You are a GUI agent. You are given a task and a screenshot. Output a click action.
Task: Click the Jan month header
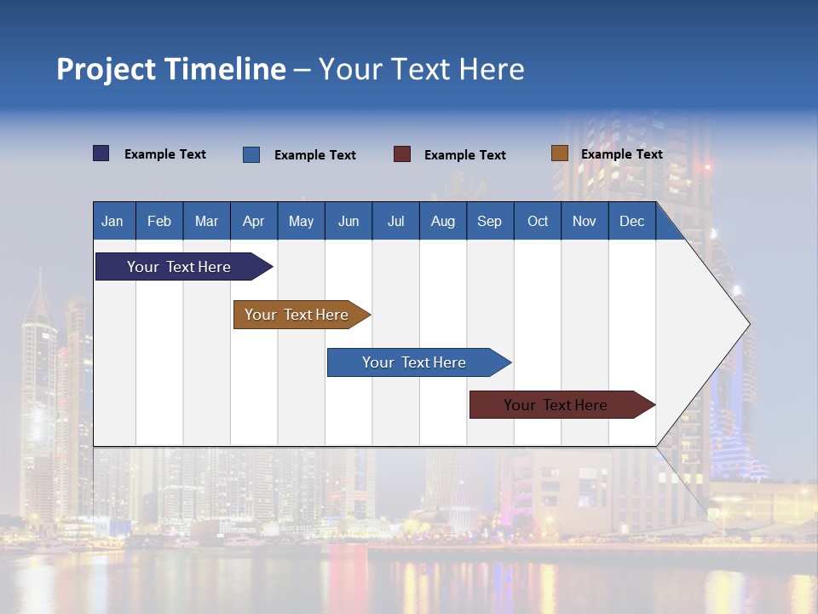point(113,221)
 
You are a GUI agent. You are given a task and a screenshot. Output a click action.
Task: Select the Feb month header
point(159,221)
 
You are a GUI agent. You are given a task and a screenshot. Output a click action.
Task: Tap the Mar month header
point(206,221)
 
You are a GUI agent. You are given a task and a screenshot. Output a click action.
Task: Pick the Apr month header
point(254,221)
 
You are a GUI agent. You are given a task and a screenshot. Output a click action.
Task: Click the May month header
point(301,221)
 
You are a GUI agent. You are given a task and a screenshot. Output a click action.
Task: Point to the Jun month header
point(349,221)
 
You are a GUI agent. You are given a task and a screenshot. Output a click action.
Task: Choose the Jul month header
point(395,221)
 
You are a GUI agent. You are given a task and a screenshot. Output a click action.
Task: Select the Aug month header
point(443,221)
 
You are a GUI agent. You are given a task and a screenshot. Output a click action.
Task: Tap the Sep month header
point(490,221)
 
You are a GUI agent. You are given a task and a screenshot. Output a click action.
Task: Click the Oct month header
point(538,221)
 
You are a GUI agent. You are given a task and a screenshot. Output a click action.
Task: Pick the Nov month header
point(585,221)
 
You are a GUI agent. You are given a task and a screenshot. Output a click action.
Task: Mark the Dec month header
point(632,221)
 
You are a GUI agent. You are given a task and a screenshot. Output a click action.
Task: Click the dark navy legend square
point(101,153)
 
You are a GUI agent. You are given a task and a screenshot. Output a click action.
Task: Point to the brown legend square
point(560,153)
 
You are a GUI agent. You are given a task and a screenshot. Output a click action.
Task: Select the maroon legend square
point(402,154)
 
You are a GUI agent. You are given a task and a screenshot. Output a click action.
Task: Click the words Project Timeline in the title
point(171,69)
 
